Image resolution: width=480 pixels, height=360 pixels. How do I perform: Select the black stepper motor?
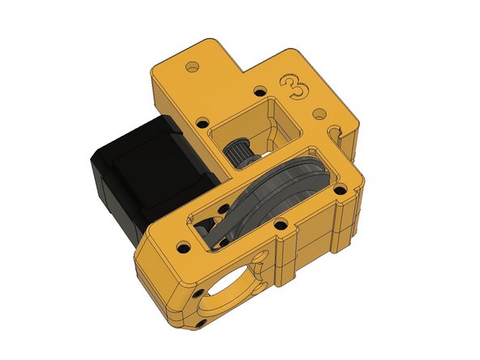click(x=134, y=179)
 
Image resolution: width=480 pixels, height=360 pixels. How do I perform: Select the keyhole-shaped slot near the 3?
click(x=333, y=130)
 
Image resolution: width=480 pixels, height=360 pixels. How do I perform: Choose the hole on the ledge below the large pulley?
click(x=281, y=225)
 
